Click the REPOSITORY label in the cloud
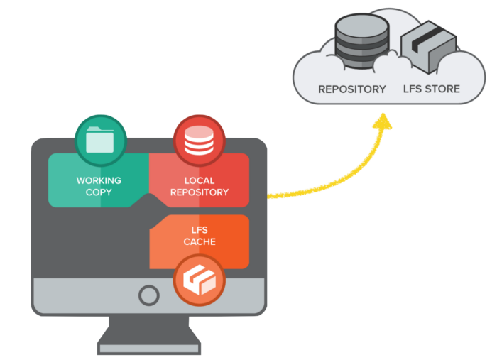click(x=351, y=89)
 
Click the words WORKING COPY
click(x=99, y=186)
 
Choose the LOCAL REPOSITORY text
click(x=199, y=186)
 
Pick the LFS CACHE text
click(x=199, y=236)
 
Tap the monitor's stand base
click(x=149, y=347)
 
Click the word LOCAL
click(x=199, y=180)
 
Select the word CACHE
click(x=199, y=242)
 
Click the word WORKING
click(x=99, y=180)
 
